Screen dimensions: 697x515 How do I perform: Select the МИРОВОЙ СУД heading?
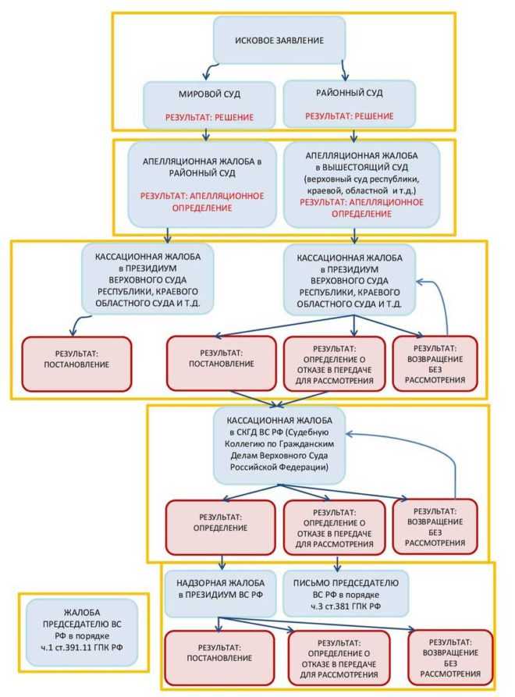pyautogui.click(x=209, y=94)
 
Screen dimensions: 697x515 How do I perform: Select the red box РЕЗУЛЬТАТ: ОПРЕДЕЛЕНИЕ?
pyautogui.click(x=219, y=522)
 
